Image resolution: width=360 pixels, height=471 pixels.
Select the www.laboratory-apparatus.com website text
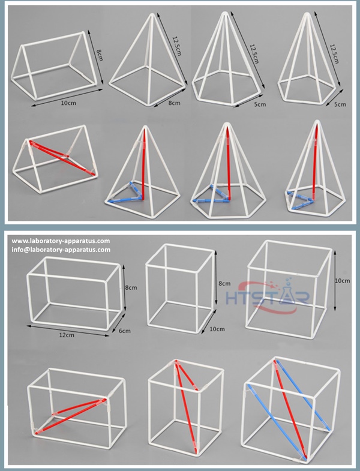click(x=61, y=241)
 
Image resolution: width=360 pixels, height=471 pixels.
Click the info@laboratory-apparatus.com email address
click(x=61, y=250)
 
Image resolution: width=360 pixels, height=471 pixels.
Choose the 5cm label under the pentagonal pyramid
click(x=340, y=105)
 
